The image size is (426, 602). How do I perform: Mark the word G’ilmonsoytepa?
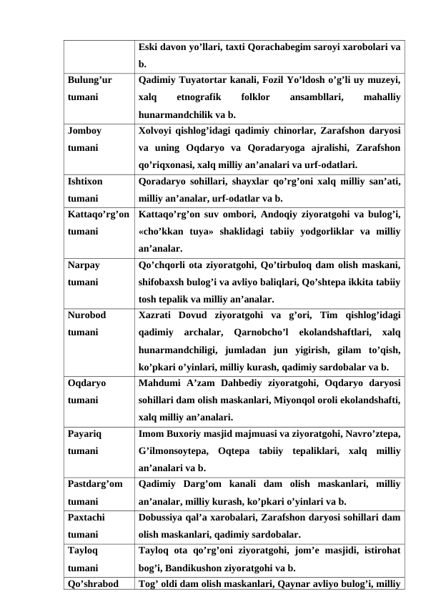click(172, 450)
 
